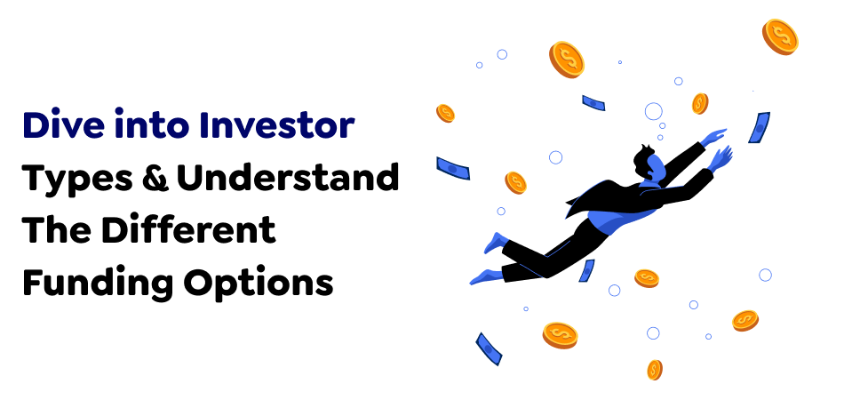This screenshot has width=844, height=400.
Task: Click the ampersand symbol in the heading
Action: (x=163, y=179)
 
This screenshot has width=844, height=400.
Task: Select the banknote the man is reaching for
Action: (x=759, y=127)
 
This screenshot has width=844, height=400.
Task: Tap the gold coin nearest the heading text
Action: (x=445, y=113)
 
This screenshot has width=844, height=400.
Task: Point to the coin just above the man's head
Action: (x=700, y=103)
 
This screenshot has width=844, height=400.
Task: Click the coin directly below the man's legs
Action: (x=647, y=278)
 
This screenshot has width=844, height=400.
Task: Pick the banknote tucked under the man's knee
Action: (x=587, y=270)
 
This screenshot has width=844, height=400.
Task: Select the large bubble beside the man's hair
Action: (x=653, y=111)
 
